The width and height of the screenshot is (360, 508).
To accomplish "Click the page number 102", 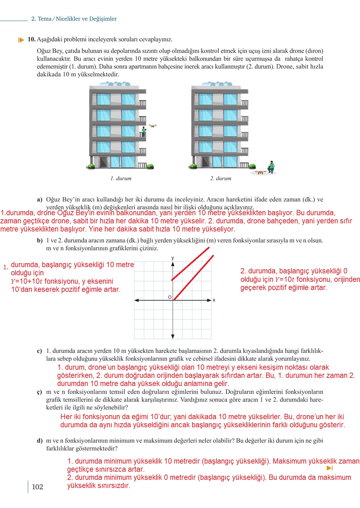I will tap(37, 487).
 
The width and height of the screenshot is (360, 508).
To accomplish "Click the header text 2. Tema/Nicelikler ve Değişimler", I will tap(74, 19).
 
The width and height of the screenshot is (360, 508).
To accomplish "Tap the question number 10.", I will tap(31, 39).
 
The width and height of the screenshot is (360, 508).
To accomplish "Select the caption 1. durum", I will tap(121, 178).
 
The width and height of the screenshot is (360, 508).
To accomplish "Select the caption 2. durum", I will tap(221, 178).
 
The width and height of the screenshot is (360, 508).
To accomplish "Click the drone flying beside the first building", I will tap(153, 126).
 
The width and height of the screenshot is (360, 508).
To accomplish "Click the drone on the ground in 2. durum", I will tap(260, 172).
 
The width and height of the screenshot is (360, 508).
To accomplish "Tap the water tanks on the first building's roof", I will tap(115, 84).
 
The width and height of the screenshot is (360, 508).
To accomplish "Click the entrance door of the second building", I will tap(205, 162).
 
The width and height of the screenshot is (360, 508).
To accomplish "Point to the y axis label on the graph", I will tap(173, 258).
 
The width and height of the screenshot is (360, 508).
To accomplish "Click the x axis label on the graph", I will tap(214, 300).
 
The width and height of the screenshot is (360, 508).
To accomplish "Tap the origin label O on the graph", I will tap(170, 297).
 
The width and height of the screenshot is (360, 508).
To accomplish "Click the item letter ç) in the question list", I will tap(39, 392).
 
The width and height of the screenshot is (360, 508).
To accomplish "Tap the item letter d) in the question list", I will tap(40, 441).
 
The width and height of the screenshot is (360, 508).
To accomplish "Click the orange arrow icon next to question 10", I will tap(21, 40).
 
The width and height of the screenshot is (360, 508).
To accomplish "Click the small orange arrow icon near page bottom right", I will tap(329, 468).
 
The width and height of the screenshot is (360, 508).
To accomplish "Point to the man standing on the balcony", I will tap(144, 131).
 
